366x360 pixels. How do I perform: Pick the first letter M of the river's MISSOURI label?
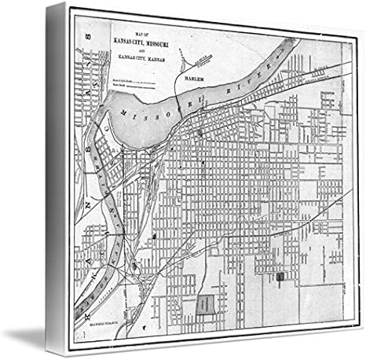[124, 115]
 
